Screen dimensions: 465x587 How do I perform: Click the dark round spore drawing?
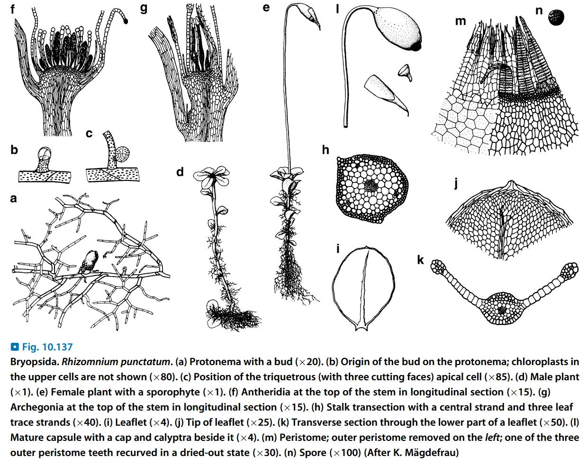[556, 18]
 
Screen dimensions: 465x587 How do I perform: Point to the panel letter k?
[420, 259]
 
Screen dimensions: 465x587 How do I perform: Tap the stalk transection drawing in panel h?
[371, 188]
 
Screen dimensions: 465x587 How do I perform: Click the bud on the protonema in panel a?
[90, 260]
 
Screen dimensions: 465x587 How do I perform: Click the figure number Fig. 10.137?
[47, 347]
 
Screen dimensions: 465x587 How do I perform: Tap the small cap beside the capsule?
[405, 71]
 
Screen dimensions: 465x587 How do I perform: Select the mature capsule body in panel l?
[396, 28]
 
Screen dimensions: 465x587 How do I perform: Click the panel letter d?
[180, 171]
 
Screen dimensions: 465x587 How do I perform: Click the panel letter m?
[460, 21]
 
